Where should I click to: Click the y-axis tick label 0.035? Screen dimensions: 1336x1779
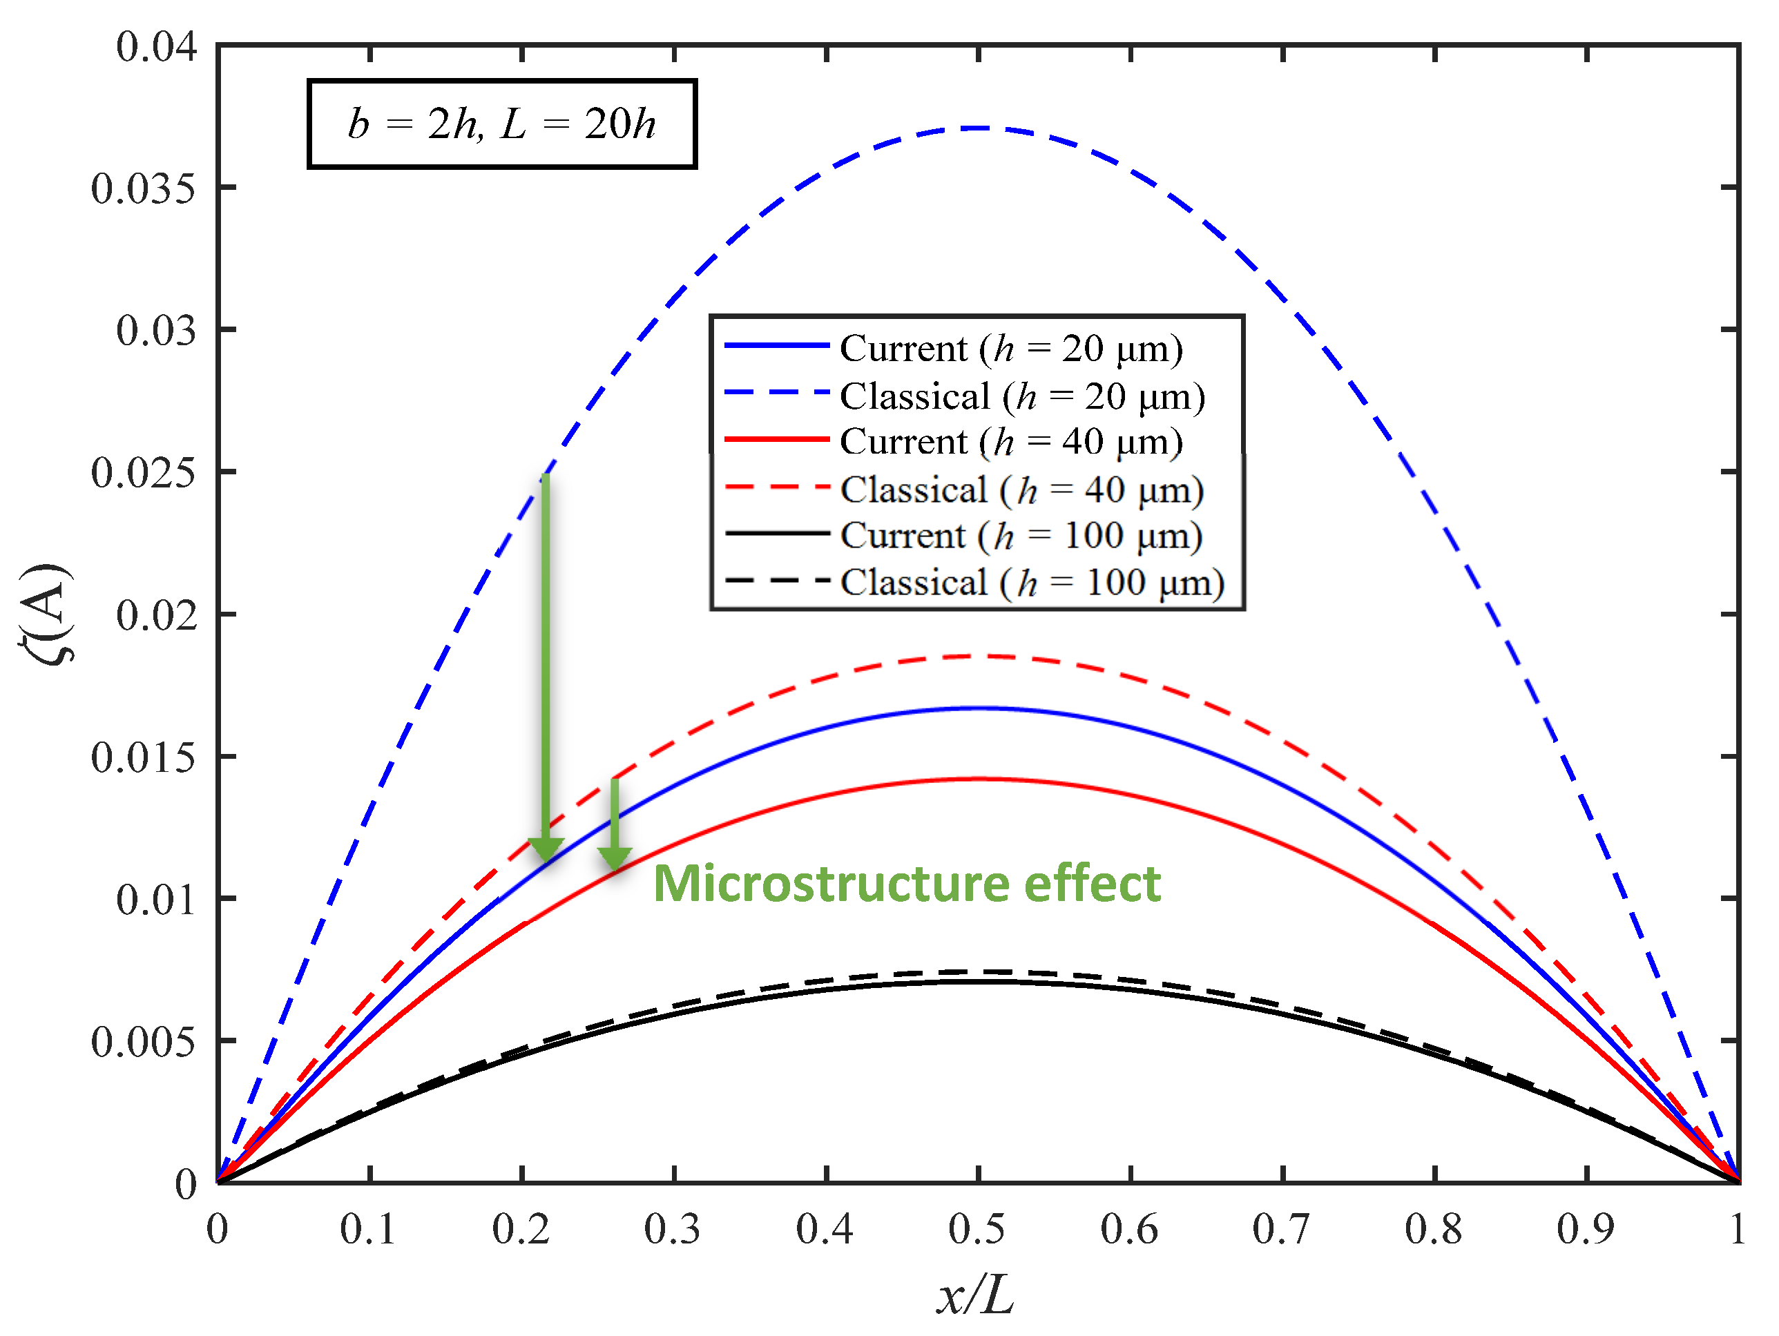click(x=142, y=190)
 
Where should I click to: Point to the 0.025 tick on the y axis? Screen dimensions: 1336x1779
click(x=142, y=473)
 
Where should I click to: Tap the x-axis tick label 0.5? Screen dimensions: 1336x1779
click(x=977, y=1229)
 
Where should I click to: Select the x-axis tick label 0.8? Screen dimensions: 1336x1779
click(x=1433, y=1229)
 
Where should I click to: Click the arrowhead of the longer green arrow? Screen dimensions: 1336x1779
click(x=546, y=850)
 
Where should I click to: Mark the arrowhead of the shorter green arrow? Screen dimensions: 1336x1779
click(x=615, y=858)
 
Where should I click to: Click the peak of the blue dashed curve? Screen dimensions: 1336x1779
click(x=978, y=128)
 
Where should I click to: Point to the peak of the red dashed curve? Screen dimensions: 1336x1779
click(x=978, y=656)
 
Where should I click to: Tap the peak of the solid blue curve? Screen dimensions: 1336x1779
click(x=978, y=708)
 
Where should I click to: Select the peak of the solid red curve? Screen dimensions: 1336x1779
click(x=978, y=778)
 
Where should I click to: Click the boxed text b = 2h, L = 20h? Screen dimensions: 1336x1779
click(x=502, y=124)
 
